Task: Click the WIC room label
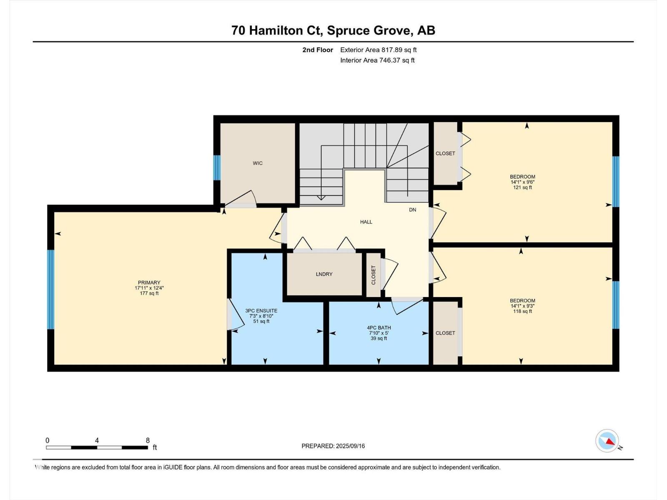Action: click(258, 163)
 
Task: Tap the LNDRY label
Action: click(324, 274)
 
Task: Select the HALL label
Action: click(366, 222)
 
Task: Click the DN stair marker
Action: click(412, 210)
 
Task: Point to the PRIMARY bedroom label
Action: click(149, 282)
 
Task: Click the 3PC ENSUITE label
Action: click(261, 311)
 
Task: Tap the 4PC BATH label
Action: click(379, 328)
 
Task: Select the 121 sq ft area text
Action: click(522, 187)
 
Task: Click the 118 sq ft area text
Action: click(522, 311)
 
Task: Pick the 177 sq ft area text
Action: click(149, 293)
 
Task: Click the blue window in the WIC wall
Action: click(217, 167)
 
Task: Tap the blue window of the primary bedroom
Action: click(51, 289)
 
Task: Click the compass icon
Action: click(607, 441)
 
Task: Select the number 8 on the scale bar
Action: click(148, 440)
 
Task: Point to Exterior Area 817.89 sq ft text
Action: click(378, 50)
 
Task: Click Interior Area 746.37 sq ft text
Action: click(377, 60)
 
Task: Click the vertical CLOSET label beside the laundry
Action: click(373, 275)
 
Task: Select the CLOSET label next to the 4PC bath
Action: click(445, 333)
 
